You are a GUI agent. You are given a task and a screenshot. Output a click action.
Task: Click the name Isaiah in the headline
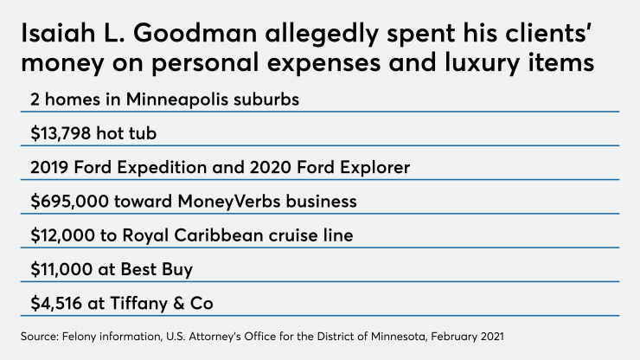54,35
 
